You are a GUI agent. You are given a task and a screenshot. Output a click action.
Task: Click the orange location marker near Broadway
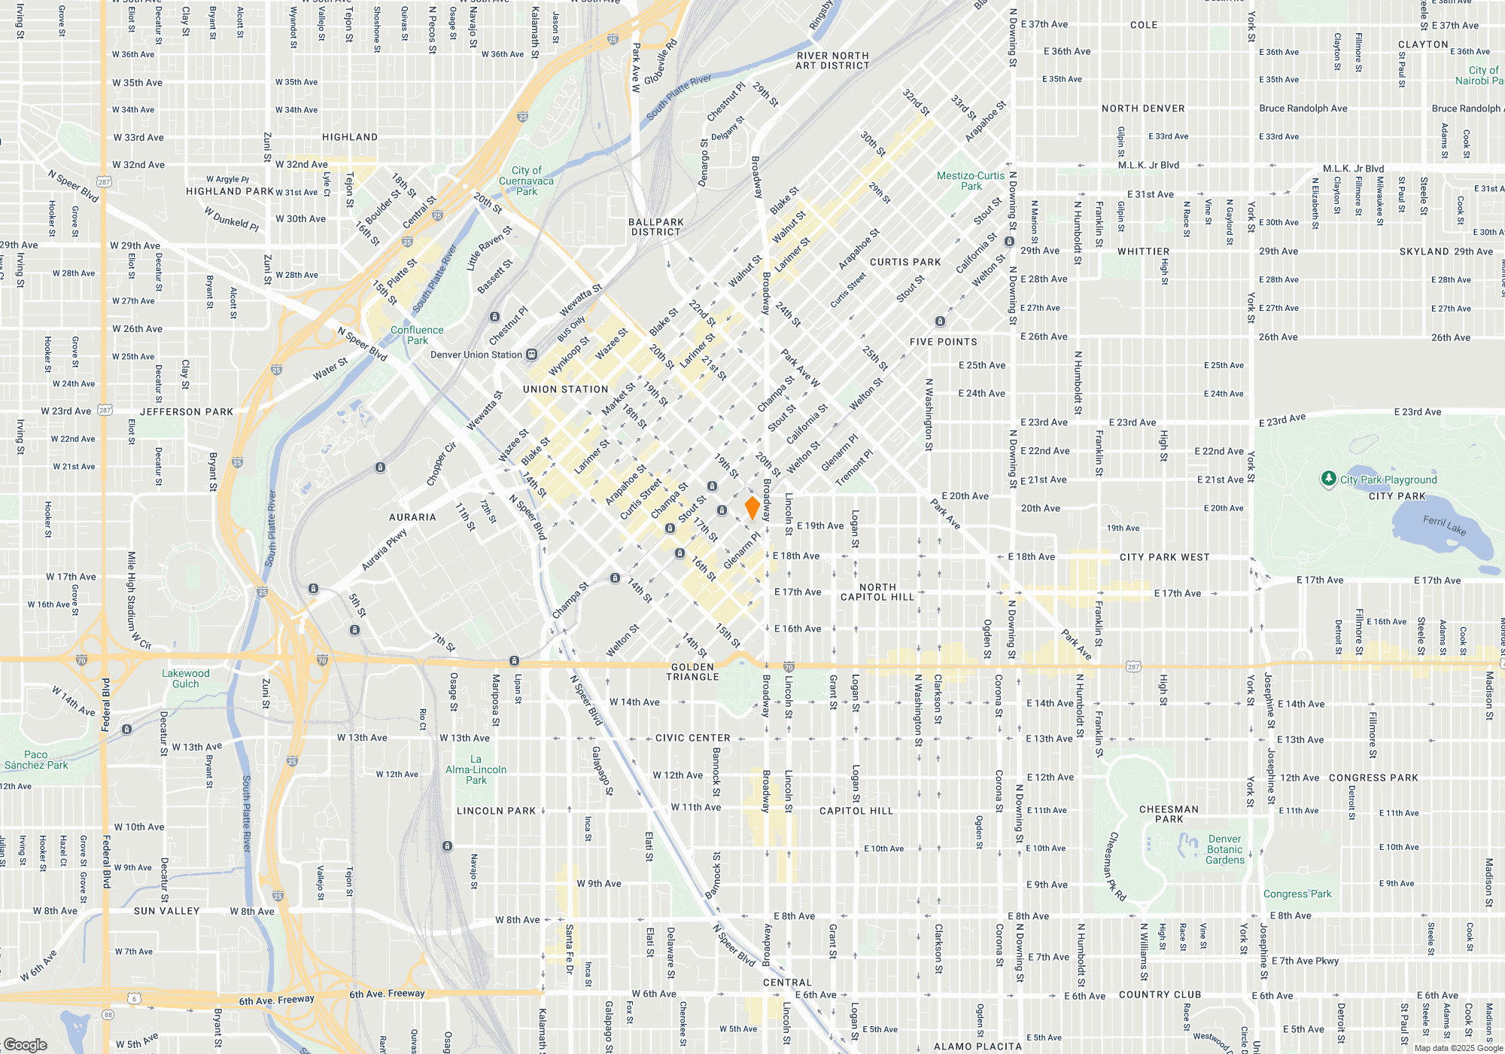pyautogui.click(x=752, y=507)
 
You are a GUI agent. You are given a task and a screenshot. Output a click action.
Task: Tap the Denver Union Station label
pyautogui.click(x=476, y=355)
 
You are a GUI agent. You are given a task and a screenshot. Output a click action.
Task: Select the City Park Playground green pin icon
pyautogui.click(x=1328, y=479)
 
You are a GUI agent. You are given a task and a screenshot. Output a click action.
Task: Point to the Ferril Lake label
pyautogui.click(x=1444, y=525)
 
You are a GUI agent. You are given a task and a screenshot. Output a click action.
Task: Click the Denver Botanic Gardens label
pyautogui.click(x=1224, y=849)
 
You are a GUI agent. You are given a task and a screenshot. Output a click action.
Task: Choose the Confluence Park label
pyautogui.click(x=417, y=335)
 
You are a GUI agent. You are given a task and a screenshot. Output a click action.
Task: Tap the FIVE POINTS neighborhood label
pyautogui.click(x=943, y=342)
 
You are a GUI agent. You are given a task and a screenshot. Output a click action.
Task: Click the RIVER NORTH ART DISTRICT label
pyautogui.click(x=832, y=61)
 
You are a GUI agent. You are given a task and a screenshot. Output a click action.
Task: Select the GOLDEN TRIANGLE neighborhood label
pyautogui.click(x=692, y=672)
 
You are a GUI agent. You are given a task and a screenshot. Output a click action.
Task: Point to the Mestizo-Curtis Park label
pyautogui.click(x=971, y=181)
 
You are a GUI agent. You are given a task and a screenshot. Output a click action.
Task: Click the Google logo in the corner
pyautogui.click(x=25, y=1044)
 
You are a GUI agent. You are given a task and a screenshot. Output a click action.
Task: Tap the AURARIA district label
pyautogui.click(x=412, y=517)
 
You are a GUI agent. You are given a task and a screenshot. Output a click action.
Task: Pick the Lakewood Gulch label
pyautogui.click(x=186, y=678)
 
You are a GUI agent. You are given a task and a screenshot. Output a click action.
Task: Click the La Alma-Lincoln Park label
pyautogui.click(x=476, y=769)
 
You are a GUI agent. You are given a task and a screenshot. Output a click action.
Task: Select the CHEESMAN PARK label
pyautogui.click(x=1169, y=814)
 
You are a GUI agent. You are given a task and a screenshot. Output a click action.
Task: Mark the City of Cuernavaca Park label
pyautogui.click(x=526, y=181)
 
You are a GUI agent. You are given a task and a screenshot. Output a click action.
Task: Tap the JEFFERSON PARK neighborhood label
pyautogui.click(x=187, y=412)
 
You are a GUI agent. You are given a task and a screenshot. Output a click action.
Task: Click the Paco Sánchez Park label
pyautogui.click(x=36, y=760)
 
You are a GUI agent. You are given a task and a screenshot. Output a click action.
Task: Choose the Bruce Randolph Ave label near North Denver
pyautogui.click(x=1303, y=108)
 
